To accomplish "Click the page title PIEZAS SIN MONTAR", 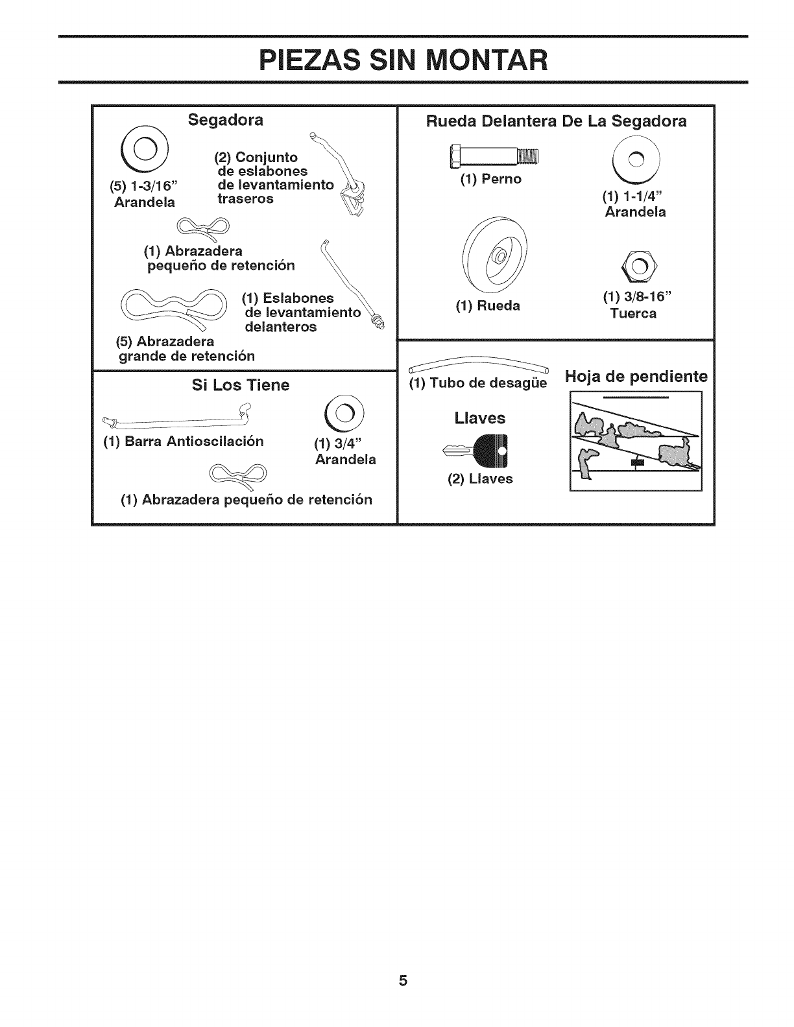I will (402, 60).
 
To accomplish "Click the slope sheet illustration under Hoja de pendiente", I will (636, 441).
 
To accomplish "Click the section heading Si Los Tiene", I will (241, 385).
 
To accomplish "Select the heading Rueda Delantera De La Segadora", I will (556, 121).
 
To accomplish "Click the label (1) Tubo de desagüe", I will (478, 384).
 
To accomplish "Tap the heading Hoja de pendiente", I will (636, 377).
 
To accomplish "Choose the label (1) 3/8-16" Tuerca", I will (633, 305).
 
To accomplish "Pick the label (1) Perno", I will (490, 179).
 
